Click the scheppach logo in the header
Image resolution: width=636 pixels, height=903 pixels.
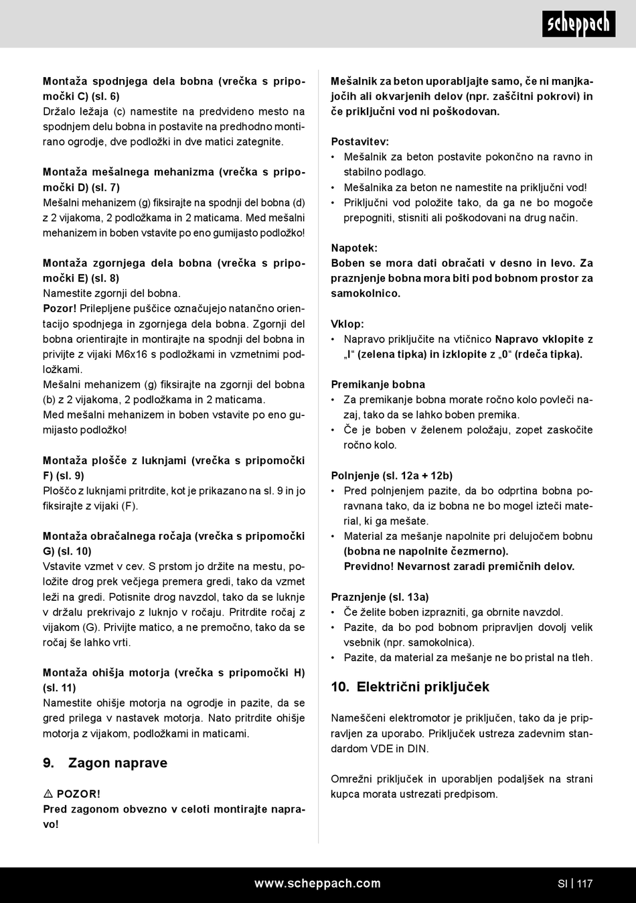click(579, 24)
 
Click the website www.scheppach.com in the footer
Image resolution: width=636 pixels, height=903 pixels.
click(317, 884)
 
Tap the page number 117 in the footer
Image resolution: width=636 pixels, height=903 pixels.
click(584, 884)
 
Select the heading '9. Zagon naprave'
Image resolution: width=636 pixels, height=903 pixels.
click(105, 763)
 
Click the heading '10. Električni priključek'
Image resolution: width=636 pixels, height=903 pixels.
click(410, 687)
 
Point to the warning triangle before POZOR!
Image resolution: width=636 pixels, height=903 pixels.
click(48, 794)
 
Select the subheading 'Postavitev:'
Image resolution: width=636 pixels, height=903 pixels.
click(360, 141)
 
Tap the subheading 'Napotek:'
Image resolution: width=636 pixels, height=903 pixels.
click(354, 248)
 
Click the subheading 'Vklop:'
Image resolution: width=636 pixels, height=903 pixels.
click(347, 324)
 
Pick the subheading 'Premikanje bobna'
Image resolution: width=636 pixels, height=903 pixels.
click(378, 385)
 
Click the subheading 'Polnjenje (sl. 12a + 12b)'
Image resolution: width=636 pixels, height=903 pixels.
click(392, 476)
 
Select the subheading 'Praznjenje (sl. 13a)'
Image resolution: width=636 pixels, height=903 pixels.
click(380, 596)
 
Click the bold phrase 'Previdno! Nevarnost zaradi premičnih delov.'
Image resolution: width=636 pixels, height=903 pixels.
click(459, 566)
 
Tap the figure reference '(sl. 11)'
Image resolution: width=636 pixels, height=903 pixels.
click(60, 687)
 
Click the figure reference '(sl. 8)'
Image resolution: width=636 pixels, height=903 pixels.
click(105, 278)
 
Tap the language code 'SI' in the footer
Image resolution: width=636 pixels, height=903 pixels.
click(562, 884)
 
